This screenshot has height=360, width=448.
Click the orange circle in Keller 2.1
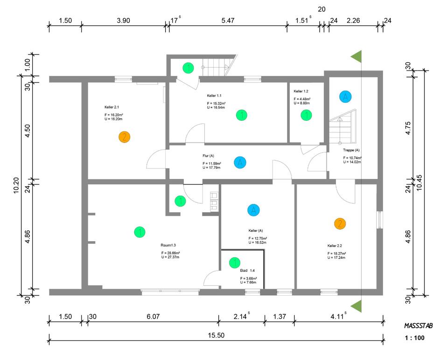[x=124, y=137]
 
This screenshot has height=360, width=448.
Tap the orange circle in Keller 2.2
[x=340, y=224]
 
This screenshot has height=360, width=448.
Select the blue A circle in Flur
[x=240, y=162]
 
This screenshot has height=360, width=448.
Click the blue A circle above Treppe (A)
[x=345, y=97]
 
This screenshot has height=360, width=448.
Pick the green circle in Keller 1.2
[x=306, y=114]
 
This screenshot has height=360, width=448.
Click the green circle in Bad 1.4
[x=235, y=263]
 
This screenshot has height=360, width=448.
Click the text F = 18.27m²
[x=336, y=254]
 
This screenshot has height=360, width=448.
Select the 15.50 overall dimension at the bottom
[x=217, y=335]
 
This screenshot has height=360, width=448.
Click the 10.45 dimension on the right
[x=419, y=184]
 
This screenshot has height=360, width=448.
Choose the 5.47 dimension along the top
[x=228, y=21]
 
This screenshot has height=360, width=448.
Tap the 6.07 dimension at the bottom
[x=153, y=317]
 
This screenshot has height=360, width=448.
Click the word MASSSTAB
[x=418, y=326]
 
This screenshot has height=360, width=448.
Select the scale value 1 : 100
[x=414, y=339]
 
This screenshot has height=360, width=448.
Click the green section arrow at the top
[x=357, y=57]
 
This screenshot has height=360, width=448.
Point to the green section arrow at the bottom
[x=357, y=306]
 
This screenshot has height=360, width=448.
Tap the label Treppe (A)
[x=351, y=150]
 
